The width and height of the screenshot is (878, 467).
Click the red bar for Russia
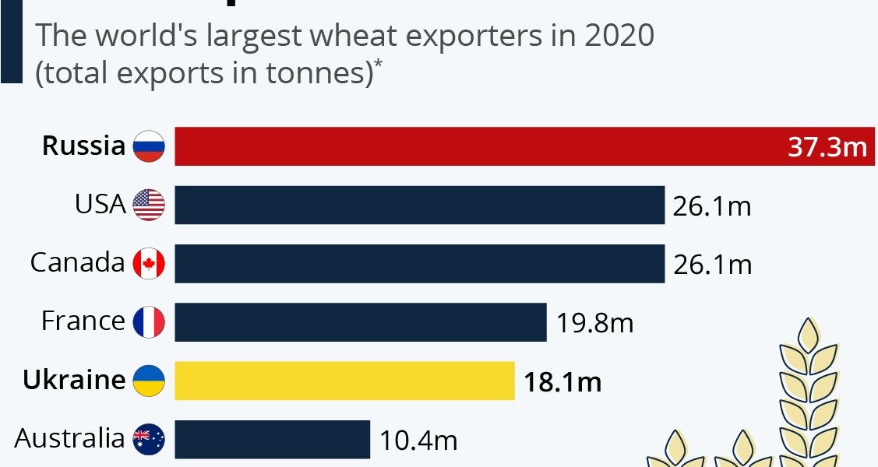[x=467, y=146]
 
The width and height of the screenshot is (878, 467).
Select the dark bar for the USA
[x=419, y=205]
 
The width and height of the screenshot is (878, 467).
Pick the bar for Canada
[x=419, y=264]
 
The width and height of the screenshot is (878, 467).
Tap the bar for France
[x=360, y=322]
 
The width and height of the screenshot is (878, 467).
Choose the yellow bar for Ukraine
[x=344, y=381]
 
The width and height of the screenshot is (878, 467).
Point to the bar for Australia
[x=272, y=440]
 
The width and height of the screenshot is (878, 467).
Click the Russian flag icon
[x=149, y=146]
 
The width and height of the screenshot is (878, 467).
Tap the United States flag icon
[x=149, y=205]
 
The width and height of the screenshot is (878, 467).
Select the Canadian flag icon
[x=149, y=264]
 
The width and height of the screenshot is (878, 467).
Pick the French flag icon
[x=149, y=322]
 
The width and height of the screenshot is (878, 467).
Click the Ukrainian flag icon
[x=149, y=381]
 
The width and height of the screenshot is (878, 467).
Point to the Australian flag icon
[x=149, y=441]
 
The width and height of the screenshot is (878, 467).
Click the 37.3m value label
[x=827, y=147]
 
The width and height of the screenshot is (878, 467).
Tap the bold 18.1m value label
[x=562, y=381]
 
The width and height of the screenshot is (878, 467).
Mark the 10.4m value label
[x=418, y=441]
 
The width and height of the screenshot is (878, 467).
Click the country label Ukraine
[x=74, y=380]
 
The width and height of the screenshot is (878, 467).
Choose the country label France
[x=83, y=321]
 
